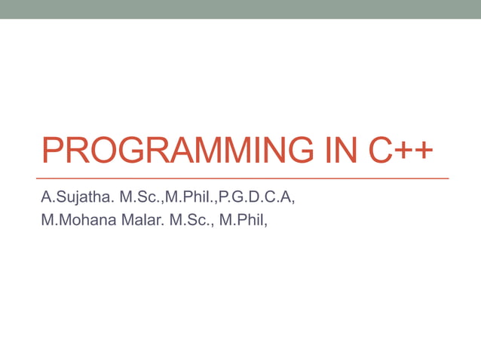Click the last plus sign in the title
424,151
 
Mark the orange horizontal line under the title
245,178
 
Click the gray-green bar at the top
240,9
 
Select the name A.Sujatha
76,199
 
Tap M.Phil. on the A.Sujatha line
191,199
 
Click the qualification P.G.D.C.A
256,199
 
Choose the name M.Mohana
74,221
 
